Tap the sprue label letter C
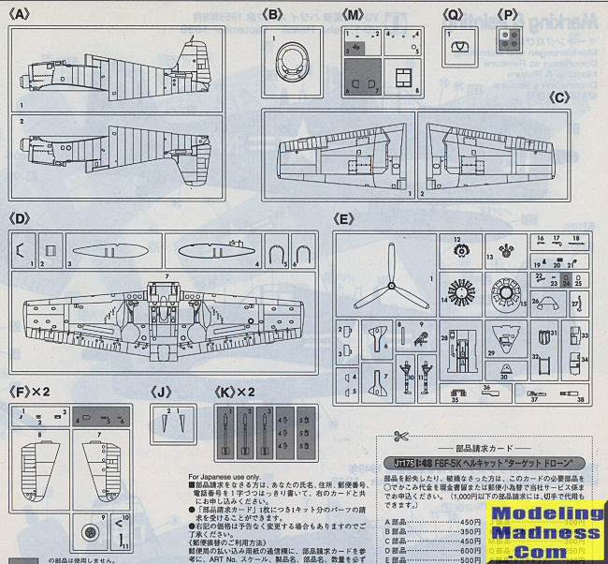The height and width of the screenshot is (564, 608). (x=558, y=96)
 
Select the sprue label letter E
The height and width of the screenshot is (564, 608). (x=343, y=220)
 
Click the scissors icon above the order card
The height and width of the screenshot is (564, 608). (x=401, y=437)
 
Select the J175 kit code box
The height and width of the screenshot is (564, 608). (x=401, y=464)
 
